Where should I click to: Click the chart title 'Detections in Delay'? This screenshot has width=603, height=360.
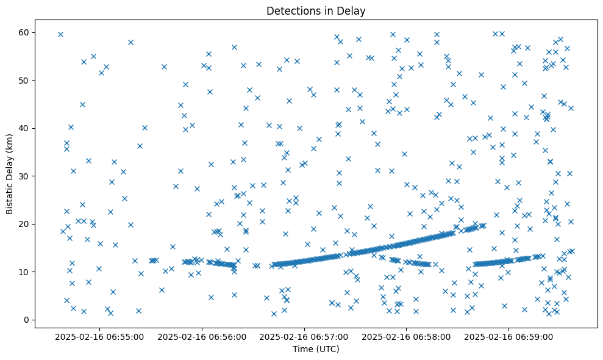316,10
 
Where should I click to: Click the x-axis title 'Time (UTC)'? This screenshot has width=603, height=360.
316,349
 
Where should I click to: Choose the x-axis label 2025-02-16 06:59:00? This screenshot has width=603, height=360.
509,336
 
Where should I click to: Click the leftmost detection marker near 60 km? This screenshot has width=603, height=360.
60,34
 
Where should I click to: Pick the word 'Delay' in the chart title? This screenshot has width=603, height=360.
353,10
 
